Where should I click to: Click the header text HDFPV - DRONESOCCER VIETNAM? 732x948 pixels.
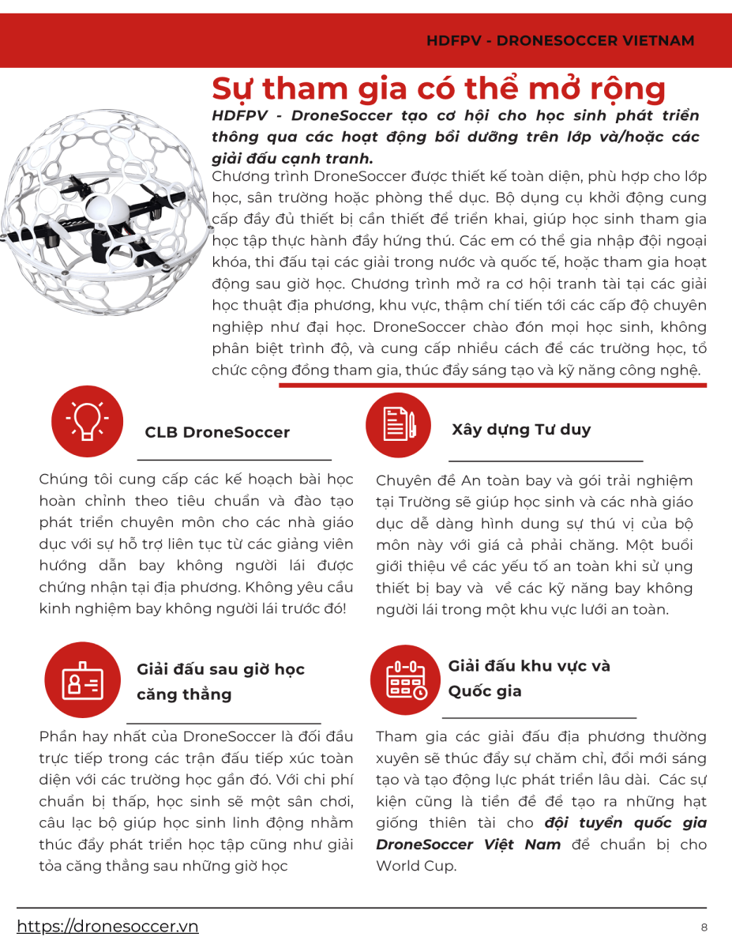pyautogui.click(x=560, y=40)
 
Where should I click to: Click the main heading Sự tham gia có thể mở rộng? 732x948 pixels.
pyautogui.click(x=438, y=88)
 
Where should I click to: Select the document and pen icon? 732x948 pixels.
pyautogui.click(x=398, y=425)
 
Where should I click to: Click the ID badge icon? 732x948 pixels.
pyautogui.click(x=81, y=679)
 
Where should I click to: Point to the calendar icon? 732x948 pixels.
pyautogui.click(x=404, y=679)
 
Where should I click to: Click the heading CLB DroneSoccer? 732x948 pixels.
pyautogui.click(x=217, y=433)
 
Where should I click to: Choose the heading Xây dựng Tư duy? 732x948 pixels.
pyautogui.click(x=521, y=430)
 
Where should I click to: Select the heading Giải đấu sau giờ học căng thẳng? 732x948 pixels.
pyautogui.click(x=220, y=682)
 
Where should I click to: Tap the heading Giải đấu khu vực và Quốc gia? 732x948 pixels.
pyautogui.click(x=529, y=679)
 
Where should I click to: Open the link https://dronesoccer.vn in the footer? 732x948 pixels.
pyautogui.click(x=107, y=927)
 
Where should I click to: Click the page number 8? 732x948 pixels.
pyautogui.click(x=704, y=927)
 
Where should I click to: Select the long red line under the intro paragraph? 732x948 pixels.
pyautogui.click(x=493, y=386)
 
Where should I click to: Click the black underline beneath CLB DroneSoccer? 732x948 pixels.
pyautogui.click(x=235, y=459)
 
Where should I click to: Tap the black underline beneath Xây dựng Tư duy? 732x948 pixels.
pyautogui.click(x=546, y=461)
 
